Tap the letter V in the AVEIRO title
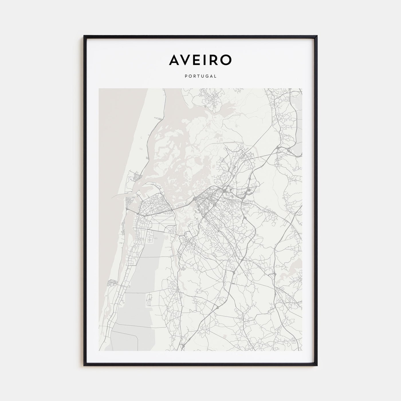(x=188, y=60)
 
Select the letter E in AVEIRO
(x=200, y=60)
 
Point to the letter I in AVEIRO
(x=207, y=60)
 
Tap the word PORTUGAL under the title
(x=200, y=76)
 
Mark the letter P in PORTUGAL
(x=186, y=76)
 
